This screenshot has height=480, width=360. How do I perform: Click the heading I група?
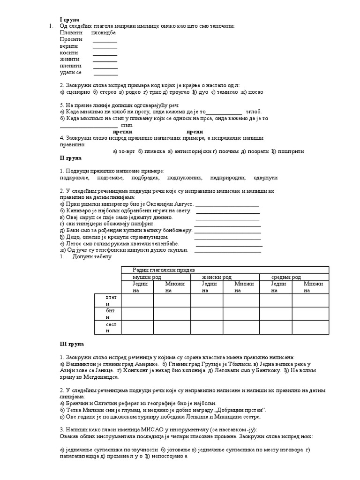pyautogui.click(x=70, y=19)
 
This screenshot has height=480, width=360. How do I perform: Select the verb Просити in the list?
pyautogui.click(x=71, y=39)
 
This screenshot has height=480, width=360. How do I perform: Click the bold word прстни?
pyautogui.click(x=123, y=132)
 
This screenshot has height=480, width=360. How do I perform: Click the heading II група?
pyautogui.click(x=71, y=158)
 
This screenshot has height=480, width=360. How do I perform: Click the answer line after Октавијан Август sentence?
pyautogui.click(x=227, y=204)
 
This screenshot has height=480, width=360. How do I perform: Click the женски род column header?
pyautogui.click(x=216, y=277)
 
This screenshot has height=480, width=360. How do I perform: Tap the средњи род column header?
pyautogui.click(x=286, y=277)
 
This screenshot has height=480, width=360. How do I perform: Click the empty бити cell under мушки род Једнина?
pyautogui.click(x=137, y=314)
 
